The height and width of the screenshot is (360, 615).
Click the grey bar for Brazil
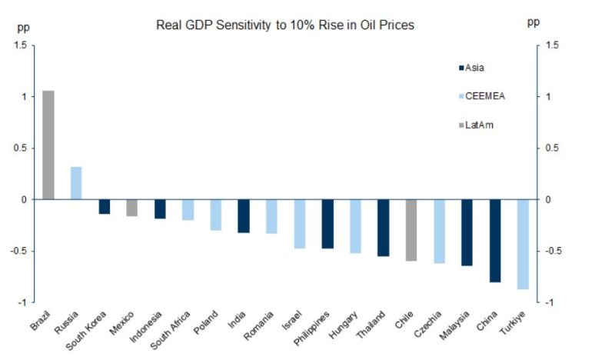(48, 145)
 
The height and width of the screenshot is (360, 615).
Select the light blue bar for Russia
(76, 183)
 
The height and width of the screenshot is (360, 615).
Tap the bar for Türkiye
(523, 244)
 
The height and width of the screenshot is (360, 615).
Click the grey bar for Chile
(411, 230)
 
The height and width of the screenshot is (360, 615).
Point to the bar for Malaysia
(467, 232)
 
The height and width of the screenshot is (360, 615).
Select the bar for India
(244, 215)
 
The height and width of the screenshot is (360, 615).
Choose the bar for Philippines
(327, 224)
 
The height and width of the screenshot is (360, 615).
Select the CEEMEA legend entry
(483, 96)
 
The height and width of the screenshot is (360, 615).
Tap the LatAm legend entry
(478, 124)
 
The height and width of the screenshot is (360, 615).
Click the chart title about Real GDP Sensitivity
(285, 25)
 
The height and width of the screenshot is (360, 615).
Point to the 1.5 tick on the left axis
(20, 45)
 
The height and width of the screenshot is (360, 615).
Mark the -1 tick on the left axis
(22, 302)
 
